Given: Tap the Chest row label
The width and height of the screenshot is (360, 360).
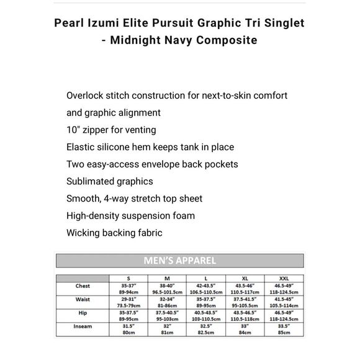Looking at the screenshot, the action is pyautogui.click(x=82, y=286).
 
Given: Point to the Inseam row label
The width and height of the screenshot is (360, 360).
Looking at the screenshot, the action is pyautogui.click(x=83, y=326).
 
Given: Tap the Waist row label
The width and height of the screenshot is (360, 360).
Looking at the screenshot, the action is pyautogui.click(x=82, y=299).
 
